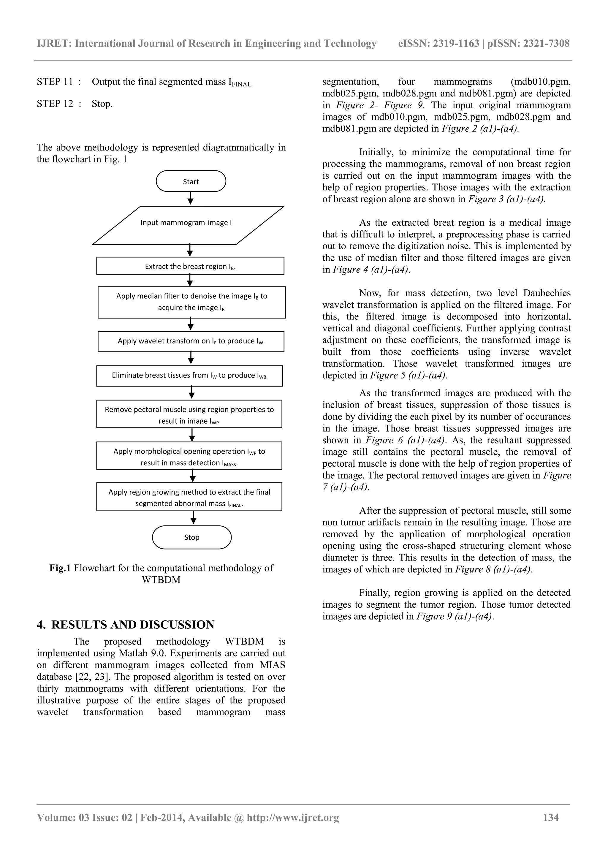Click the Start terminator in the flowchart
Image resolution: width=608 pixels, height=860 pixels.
[x=191, y=181]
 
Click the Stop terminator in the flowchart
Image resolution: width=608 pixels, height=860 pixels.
[x=191, y=537]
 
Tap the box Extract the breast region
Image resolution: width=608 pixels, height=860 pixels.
[x=190, y=266]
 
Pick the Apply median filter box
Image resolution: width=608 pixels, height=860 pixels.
[x=191, y=302]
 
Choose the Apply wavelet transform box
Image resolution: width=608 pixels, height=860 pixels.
[x=191, y=341]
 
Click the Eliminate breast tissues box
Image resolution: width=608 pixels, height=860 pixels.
[x=190, y=375]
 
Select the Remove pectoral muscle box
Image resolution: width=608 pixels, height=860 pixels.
[x=189, y=414]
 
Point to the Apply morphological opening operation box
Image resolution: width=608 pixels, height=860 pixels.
[x=189, y=456]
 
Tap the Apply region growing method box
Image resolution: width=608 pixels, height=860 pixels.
[x=189, y=497]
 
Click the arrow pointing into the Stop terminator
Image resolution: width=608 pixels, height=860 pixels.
[x=193, y=518]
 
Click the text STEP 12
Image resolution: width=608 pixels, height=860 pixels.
[x=55, y=104]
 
